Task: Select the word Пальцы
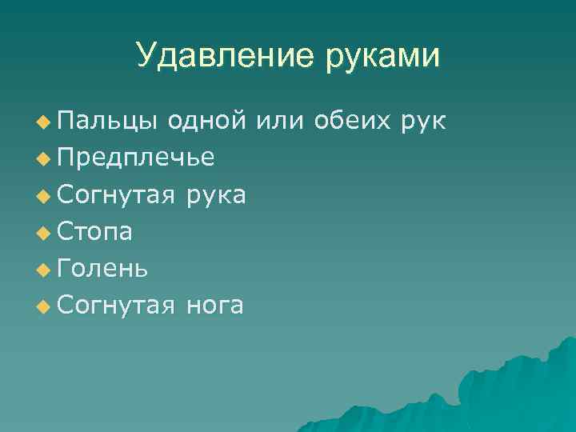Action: click(108, 121)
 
